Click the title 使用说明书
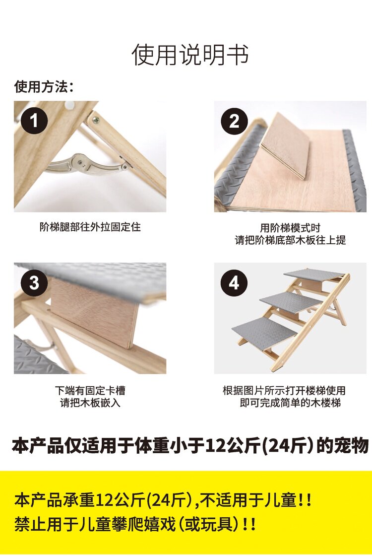click(x=190, y=55)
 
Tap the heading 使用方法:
click(x=44, y=87)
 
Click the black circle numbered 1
click(x=34, y=121)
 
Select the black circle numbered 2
click(x=234, y=121)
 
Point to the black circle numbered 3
click(x=34, y=283)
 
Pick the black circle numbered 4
click(x=234, y=283)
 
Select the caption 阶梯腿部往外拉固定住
click(x=90, y=227)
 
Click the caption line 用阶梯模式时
click(x=290, y=228)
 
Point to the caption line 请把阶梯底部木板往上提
click(x=290, y=240)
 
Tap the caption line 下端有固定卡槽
click(x=90, y=391)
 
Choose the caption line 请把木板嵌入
click(x=90, y=403)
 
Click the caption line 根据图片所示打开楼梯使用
click(x=284, y=391)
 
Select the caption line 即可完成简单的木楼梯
click(x=290, y=403)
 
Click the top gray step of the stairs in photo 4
click(x=313, y=274)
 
